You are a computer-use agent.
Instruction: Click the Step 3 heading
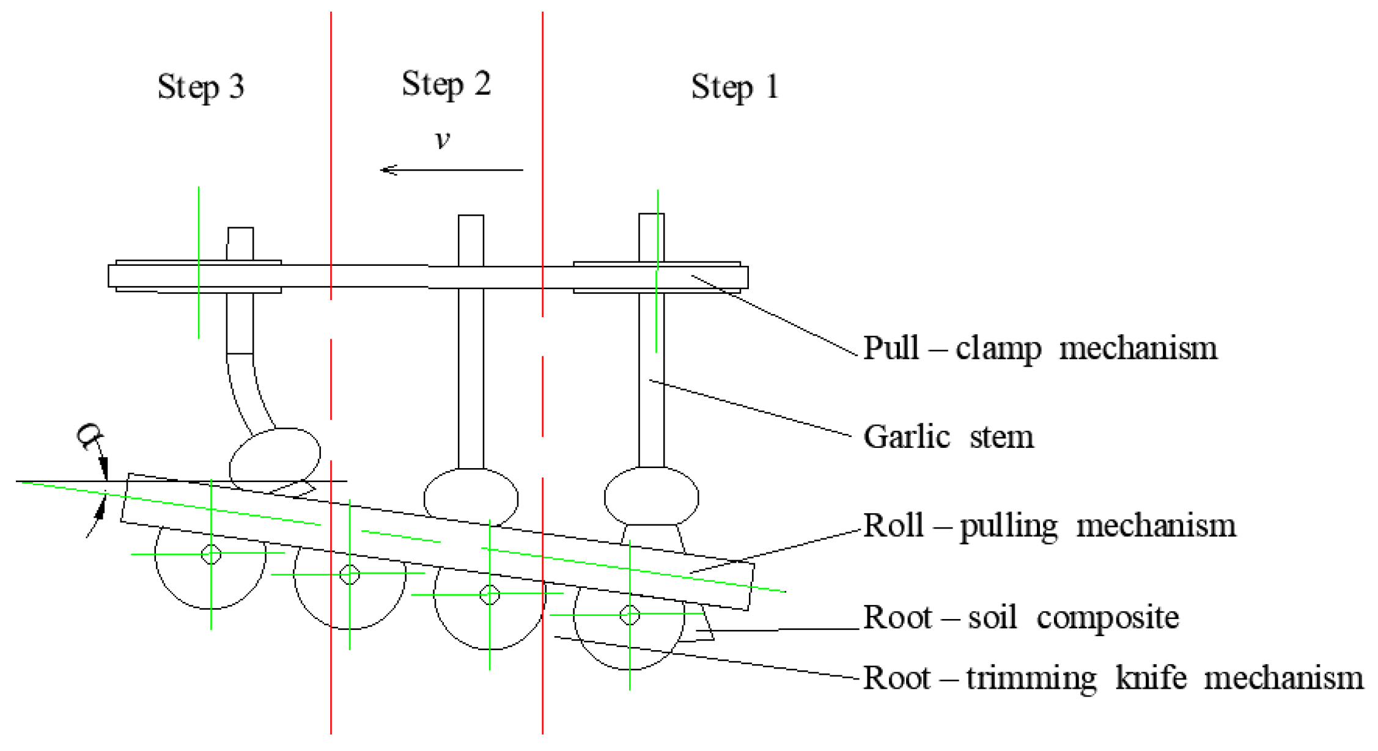(201, 87)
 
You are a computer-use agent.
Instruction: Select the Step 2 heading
(446, 84)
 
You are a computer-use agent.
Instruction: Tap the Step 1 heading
(734, 87)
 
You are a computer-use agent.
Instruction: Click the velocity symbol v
(443, 140)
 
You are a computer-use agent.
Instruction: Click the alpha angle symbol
(90, 436)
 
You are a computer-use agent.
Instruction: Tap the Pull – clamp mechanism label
(1040, 349)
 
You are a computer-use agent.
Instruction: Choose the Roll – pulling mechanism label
(1049, 526)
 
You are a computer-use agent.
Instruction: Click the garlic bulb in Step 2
(471, 498)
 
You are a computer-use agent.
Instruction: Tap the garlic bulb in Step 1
(651, 497)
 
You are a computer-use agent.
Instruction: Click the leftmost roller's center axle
(211, 554)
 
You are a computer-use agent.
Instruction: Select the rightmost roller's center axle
(630, 615)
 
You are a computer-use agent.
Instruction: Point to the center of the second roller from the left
(350, 575)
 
